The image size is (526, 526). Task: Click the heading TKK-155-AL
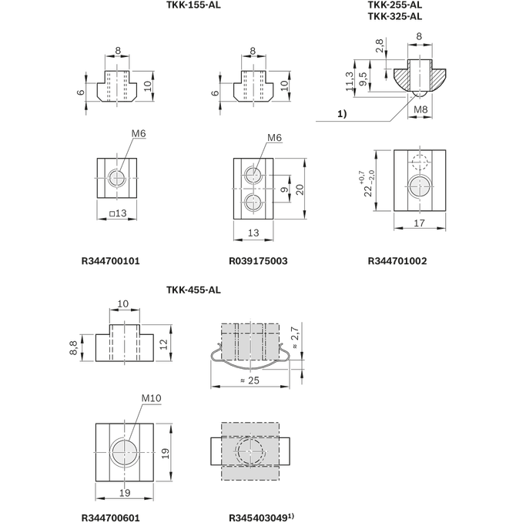pos(193,5)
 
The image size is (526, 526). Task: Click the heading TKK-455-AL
pos(193,290)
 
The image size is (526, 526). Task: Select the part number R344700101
pos(110,261)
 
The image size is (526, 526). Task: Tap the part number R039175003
pos(258,261)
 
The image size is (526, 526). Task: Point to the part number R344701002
pos(397,261)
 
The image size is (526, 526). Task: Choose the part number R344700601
pos(110,518)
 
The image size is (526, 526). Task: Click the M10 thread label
pos(150,399)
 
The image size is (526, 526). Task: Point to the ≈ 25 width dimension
pos(248,380)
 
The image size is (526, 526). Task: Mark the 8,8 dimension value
pos(73,343)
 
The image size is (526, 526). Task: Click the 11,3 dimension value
pos(350,79)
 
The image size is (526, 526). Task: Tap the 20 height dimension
pos(300,188)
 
